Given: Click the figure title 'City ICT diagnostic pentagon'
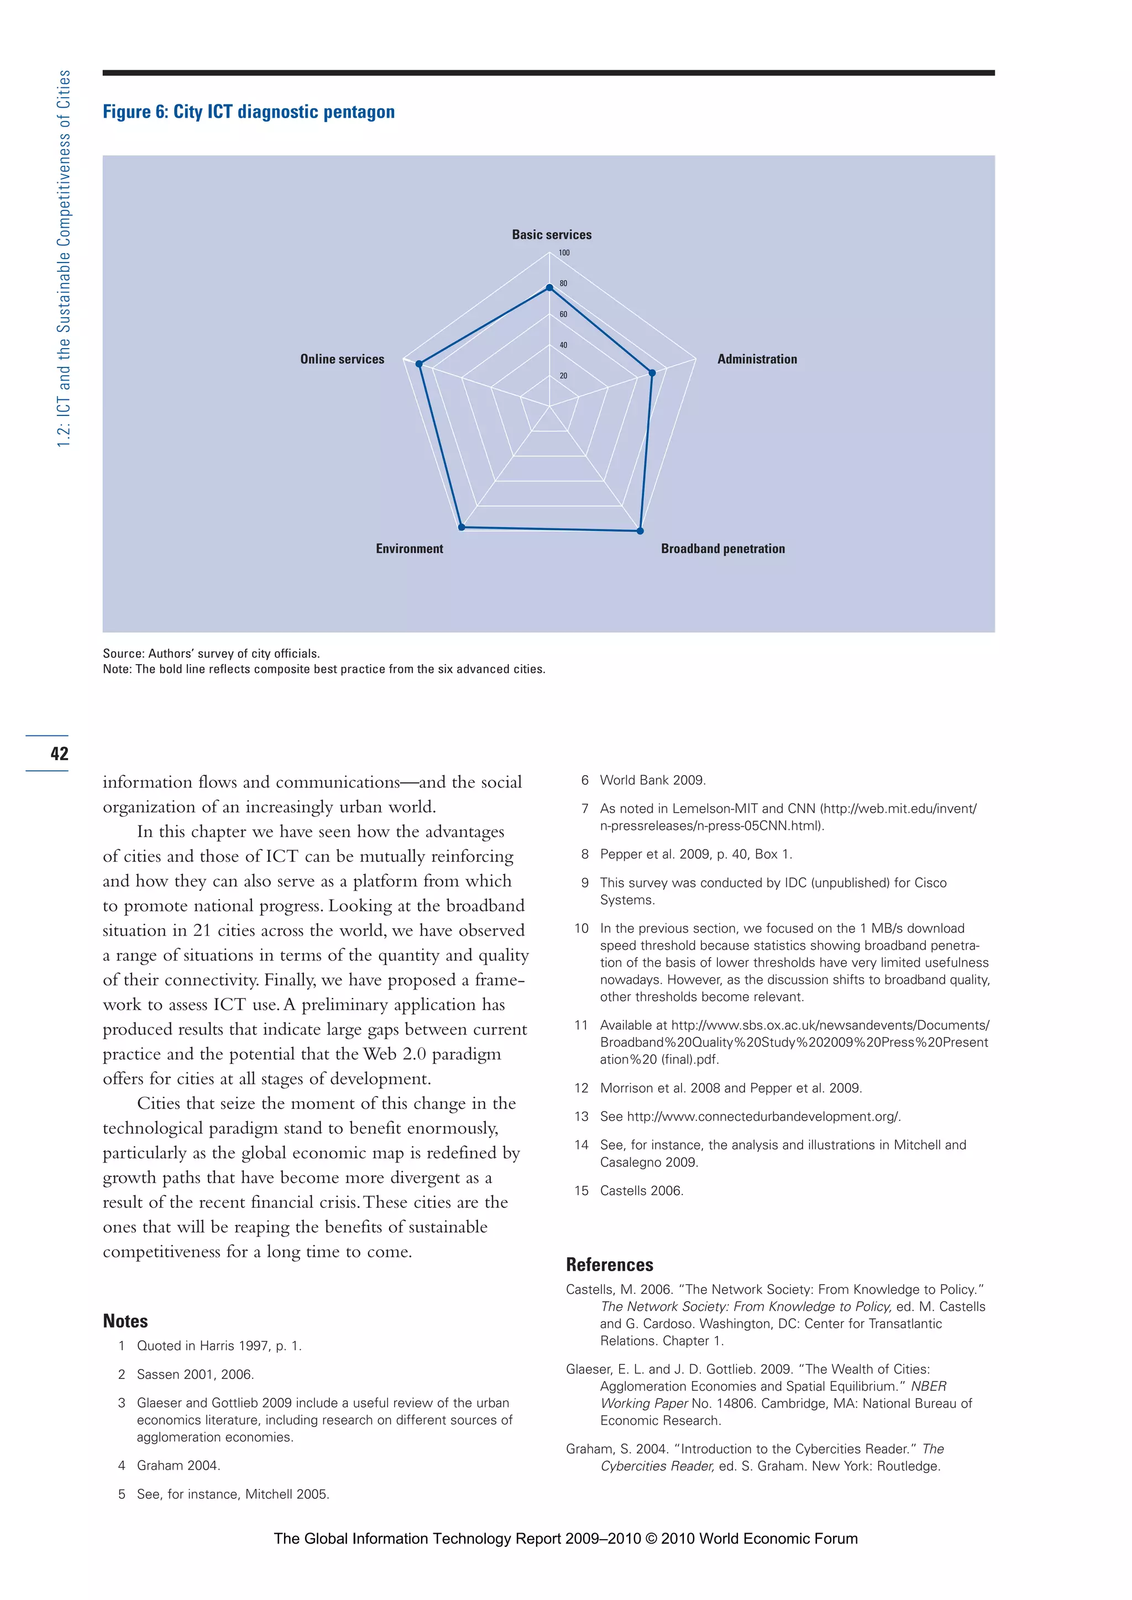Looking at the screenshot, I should (x=248, y=112).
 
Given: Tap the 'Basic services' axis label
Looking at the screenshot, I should (x=552, y=235).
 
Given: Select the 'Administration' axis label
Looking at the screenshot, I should (x=757, y=359).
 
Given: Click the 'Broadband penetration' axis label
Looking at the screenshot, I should (x=723, y=549).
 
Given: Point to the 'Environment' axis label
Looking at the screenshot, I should (x=409, y=549).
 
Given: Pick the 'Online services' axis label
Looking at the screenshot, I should (x=342, y=359).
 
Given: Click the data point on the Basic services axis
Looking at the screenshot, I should (x=549, y=287).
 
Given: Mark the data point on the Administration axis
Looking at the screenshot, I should (x=652, y=373).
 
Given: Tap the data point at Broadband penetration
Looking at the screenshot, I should (x=641, y=531).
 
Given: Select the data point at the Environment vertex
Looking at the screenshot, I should (x=462, y=528).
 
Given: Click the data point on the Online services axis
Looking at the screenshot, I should (x=419, y=364).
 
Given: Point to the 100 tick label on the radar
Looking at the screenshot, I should (x=564, y=253).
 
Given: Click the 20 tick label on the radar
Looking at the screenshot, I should (x=563, y=376).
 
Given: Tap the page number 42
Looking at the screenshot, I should (x=59, y=753).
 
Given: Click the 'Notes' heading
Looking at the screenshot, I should (x=125, y=1321).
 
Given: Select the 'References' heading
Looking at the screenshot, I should (x=609, y=1265).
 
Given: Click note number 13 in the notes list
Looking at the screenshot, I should (x=581, y=1117).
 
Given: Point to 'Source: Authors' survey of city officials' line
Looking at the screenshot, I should (x=211, y=654).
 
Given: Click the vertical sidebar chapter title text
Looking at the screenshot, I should (x=64, y=258).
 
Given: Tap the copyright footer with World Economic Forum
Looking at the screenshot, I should (x=565, y=1539).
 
